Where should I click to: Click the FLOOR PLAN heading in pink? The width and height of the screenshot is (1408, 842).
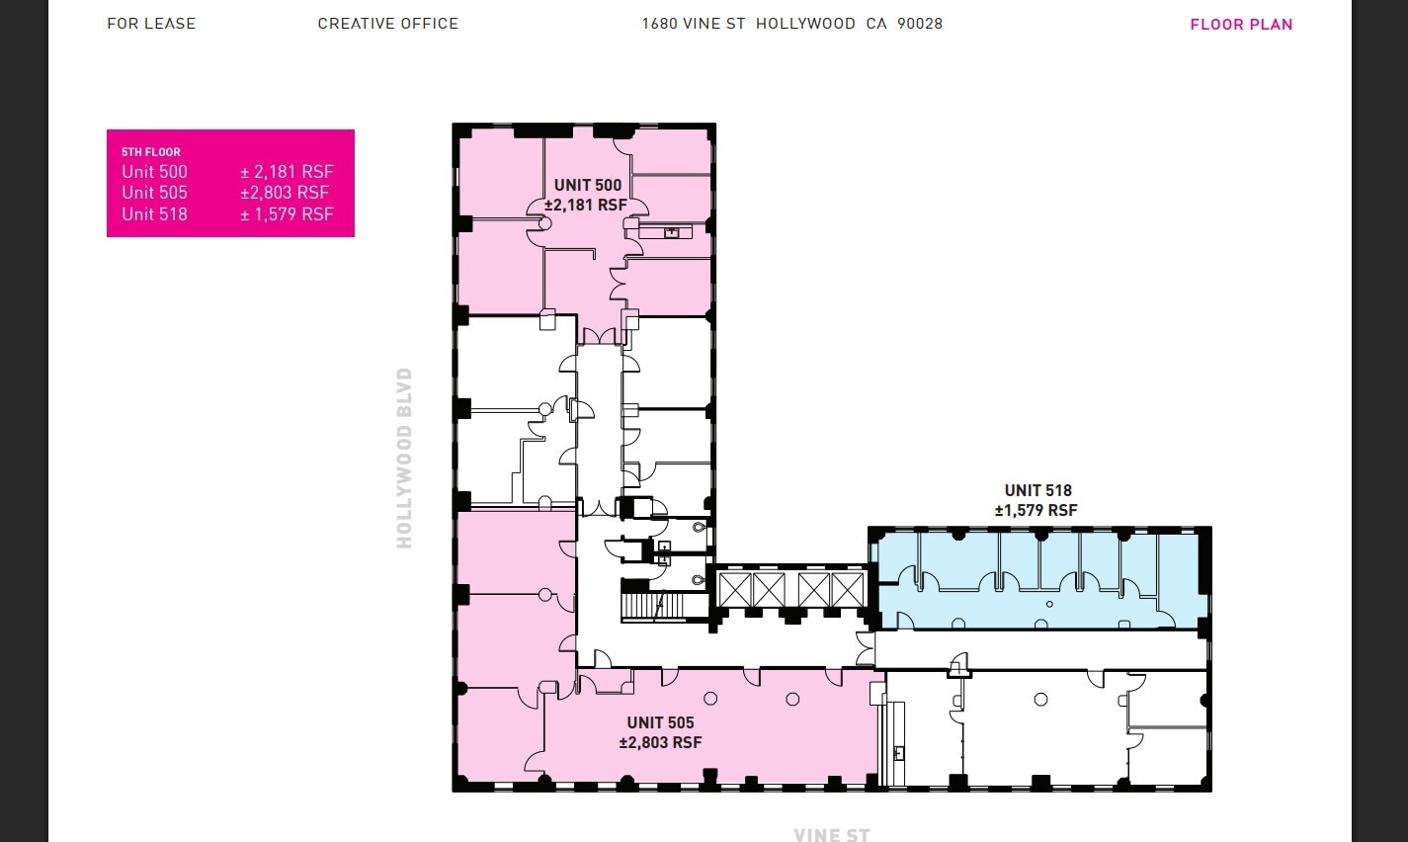click(1241, 25)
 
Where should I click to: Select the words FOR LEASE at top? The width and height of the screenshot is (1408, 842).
click(151, 24)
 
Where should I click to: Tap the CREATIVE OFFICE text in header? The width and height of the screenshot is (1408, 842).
click(387, 24)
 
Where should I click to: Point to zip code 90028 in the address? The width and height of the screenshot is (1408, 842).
click(920, 24)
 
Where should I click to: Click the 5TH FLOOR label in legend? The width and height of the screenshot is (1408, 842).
click(151, 152)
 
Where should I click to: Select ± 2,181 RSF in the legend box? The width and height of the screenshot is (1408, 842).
click(287, 172)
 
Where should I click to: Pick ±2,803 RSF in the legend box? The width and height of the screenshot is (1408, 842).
click(285, 193)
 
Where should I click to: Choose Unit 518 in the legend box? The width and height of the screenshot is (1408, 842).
click(154, 214)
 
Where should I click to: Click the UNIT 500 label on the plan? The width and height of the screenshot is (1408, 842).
click(588, 185)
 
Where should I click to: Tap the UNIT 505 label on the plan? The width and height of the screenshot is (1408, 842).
click(660, 722)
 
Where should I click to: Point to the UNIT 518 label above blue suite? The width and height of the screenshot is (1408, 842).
click(1037, 490)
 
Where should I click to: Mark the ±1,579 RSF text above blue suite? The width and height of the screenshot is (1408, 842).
click(1035, 511)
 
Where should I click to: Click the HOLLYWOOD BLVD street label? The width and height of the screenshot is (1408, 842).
click(404, 458)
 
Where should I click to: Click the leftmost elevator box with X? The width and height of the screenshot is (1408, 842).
click(735, 590)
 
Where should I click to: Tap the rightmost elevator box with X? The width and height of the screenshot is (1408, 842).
click(847, 590)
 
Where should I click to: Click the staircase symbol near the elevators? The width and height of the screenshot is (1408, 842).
click(651, 604)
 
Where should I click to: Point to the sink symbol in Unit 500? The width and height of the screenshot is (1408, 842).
click(671, 232)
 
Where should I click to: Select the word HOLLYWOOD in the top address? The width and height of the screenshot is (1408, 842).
click(805, 24)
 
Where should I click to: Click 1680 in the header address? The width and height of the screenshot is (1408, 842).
click(659, 24)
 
